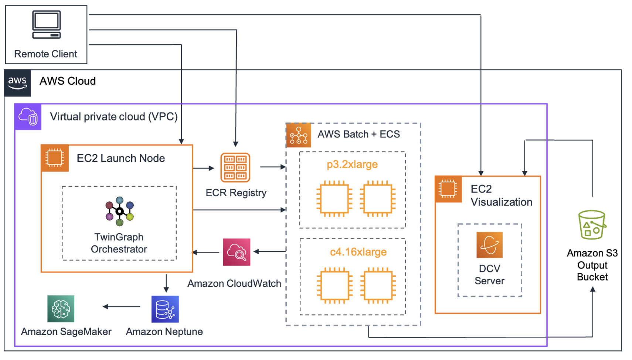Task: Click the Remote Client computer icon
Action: click(x=46, y=25)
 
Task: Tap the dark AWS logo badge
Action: click(x=17, y=83)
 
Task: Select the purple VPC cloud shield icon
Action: click(x=28, y=117)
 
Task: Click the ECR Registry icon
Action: click(x=235, y=167)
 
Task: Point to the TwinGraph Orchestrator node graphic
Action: click(x=119, y=211)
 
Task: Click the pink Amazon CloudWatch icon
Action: click(x=237, y=252)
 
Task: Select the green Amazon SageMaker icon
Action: click(x=61, y=309)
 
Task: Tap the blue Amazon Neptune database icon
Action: click(x=165, y=309)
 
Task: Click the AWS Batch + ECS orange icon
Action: click(x=299, y=135)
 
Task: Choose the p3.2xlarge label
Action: click(x=352, y=164)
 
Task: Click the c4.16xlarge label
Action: click(x=358, y=252)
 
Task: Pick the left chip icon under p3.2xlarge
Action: click(x=334, y=199)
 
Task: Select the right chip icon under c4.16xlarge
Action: click(x=378, y=285)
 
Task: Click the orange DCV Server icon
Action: click(x=489, y=245)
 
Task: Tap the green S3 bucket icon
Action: click(x=592, y=225)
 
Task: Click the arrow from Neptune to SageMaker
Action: click(x=122, y=306)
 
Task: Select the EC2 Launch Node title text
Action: click(x=120, y=158)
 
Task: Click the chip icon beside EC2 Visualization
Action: click(x=448, y=189)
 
